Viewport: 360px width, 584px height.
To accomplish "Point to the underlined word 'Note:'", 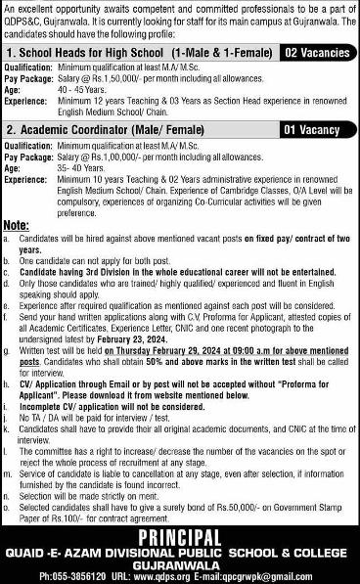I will click(17, 226).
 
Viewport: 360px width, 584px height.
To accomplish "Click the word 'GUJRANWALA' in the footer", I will click(180, 564).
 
